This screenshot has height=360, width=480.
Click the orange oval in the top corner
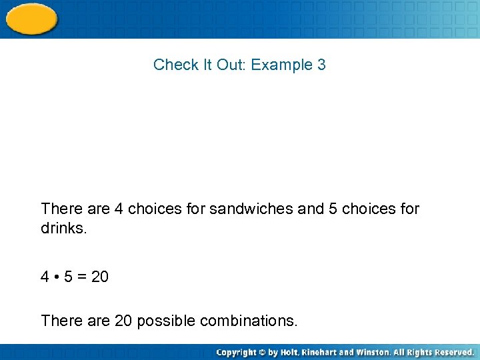pyautogui.click(x=31, y=18)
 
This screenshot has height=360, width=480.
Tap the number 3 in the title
pyautogui.click(x=321, y=65)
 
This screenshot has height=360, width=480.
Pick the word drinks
pyautogui.click(x=63, y=229)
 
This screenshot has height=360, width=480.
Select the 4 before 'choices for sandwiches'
pyautogui.click(x=119, y=209)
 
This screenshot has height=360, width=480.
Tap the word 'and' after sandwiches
pyautogui.click(x=311, y=209)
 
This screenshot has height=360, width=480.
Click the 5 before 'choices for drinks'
pyautogui.click(x=333, y=209)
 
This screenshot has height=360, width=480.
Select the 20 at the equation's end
pyautogui.click(x=99, y=276)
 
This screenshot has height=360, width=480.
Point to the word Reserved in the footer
pyautogui.click(x=451, y=352)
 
